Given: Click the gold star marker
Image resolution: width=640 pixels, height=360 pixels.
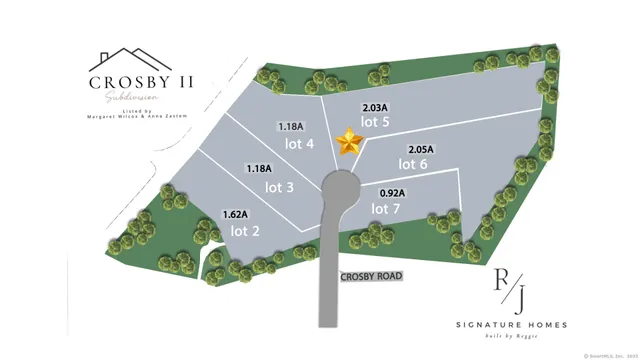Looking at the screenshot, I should point(349,142).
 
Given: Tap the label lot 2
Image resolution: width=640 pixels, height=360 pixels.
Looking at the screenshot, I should point(246,231).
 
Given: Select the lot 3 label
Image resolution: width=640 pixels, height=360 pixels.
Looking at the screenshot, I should point(279,187).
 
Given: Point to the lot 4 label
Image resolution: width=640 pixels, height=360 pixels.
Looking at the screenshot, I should point(301,144).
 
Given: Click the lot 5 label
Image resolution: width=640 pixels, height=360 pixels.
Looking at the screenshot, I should point(376,122).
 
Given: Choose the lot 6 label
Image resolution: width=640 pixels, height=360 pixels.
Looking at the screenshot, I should point(413,164).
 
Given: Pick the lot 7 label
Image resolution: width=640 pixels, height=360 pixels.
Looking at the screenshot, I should point(386,208).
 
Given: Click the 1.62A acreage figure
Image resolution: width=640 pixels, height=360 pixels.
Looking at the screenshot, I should point(236,214).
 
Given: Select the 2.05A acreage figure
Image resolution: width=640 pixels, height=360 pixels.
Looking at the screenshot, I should point(422,148).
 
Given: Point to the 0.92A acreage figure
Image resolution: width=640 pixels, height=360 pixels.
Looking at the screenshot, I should point(390,192).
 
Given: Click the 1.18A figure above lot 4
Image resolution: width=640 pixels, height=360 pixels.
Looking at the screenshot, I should point(290,127).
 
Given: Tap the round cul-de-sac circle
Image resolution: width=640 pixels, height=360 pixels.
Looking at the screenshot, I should point(341,185).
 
